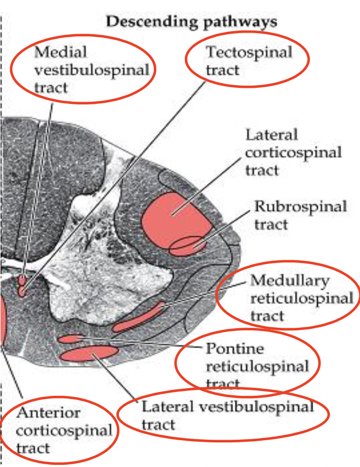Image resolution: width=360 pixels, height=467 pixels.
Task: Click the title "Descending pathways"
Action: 192,22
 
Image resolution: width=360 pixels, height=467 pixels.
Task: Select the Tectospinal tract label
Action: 249,60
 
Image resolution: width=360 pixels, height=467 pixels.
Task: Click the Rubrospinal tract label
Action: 301,214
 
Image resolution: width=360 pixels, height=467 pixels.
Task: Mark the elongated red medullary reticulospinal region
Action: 138,318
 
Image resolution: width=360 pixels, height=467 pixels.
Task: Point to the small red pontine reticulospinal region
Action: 70,338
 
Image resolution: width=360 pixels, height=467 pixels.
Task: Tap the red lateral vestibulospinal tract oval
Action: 89,353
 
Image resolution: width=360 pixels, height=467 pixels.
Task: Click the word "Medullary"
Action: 290,281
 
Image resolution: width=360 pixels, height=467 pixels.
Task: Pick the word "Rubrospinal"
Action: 301,206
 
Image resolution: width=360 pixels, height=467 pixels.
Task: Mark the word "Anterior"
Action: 49,413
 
